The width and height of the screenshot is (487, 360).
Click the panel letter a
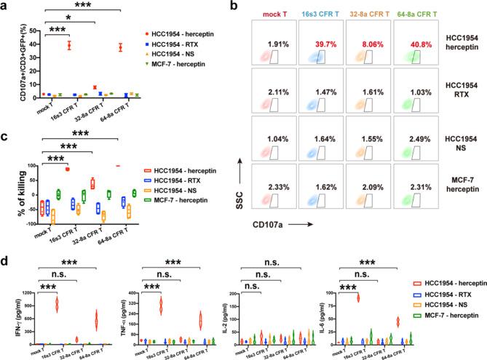click(4, 5)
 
